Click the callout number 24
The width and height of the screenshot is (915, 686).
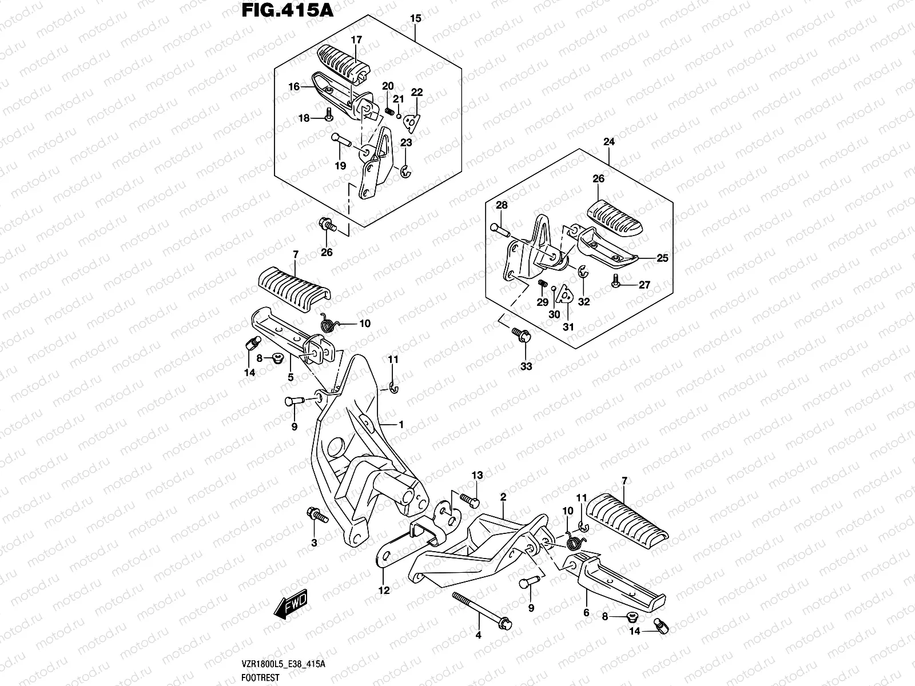click(x=608, y=142)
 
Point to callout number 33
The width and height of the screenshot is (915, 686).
click(x=526, y=366)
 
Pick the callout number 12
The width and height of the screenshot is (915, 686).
click(x=384, y=591)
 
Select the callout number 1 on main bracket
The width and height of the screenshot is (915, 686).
click(x=401, y=425)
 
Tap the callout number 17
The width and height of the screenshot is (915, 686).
click(x=356, y=40)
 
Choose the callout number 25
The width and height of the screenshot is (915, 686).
click(x=662, y=258)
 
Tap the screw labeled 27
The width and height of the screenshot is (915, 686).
click(x=615, y=281)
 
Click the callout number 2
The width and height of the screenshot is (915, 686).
click(x=503, y=497)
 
